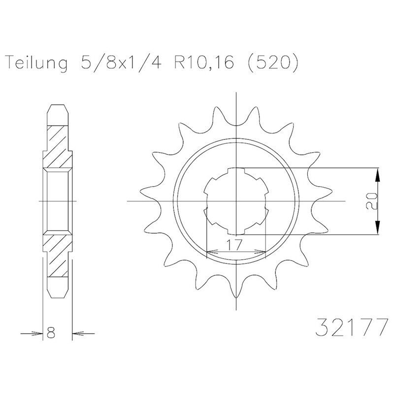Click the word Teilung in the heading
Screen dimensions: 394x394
[37, 63]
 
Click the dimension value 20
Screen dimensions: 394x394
[372, 201]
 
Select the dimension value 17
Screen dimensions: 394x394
[235, 244]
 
